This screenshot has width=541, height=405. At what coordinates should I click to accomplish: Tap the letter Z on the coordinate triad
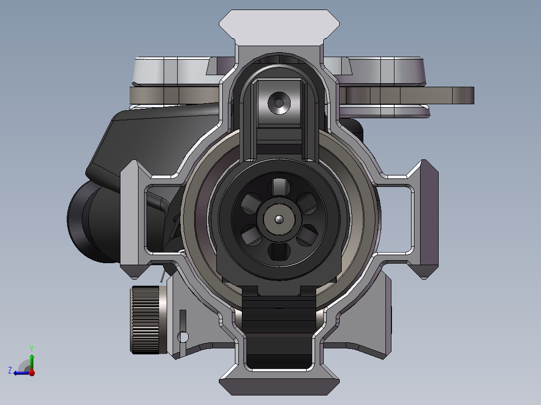point(10,370)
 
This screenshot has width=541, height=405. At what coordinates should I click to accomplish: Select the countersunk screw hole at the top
point(279,103)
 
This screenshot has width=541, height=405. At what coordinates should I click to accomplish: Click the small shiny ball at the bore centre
point(279,219)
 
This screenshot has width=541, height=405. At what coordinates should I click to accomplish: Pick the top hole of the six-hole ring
point(279,187)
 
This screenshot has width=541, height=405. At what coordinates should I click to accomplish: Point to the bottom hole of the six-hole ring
point(279,252)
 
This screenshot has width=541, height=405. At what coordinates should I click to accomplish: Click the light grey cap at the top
point(279,27)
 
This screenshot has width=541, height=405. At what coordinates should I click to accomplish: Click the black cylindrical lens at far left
point(90,221)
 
